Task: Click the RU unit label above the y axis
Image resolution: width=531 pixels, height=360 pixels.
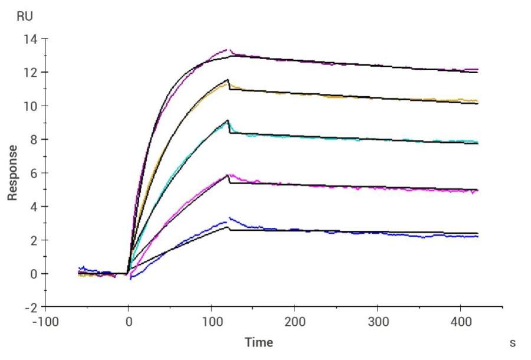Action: click(x=25, y=17)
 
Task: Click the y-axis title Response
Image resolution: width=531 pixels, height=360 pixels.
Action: click(x=12, y=173)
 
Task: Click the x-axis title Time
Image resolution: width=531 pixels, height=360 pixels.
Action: click(x=259, y=342)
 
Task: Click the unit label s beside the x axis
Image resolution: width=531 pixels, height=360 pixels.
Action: click(x=513, y=342)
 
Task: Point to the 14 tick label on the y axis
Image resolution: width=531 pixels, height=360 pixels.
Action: click(x=29, y=39)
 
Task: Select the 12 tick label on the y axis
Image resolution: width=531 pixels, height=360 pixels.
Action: click(x=29, y=73)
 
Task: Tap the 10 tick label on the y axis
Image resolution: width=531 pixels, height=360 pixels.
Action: click(x=29, y=106)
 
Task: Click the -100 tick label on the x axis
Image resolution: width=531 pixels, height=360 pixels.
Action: click(x=45, y=323)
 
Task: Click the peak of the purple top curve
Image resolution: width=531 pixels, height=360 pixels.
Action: click(x=228, y=50)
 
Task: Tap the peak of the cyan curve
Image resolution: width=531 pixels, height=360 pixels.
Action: click(x=228, y=121)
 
